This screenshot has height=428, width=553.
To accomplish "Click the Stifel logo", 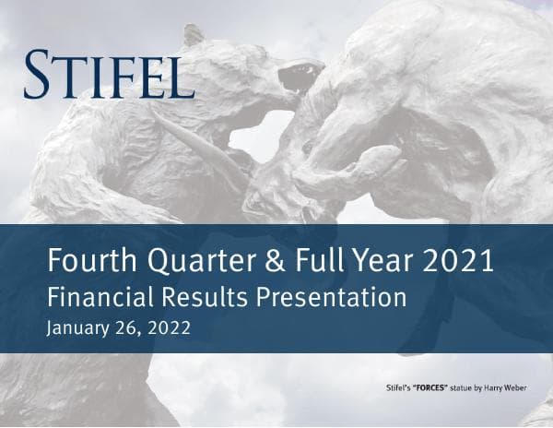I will coord(109,75).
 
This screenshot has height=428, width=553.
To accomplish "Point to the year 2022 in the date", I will coord(169,327).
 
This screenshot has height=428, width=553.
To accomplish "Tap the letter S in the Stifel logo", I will coord(38,75).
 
